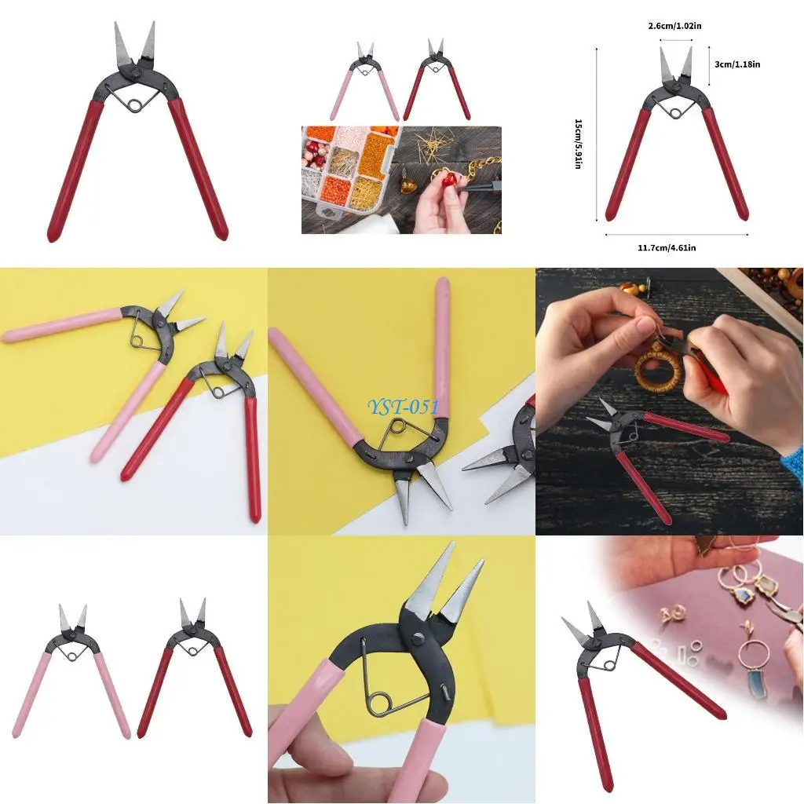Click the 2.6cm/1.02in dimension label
coord(674,26)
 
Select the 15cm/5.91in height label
coord(579,144)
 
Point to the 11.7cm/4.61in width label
coord(667,247)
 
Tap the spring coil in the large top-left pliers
coord(134,104)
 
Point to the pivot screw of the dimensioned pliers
coord(676,90)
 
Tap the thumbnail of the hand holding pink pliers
coord(400,669)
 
